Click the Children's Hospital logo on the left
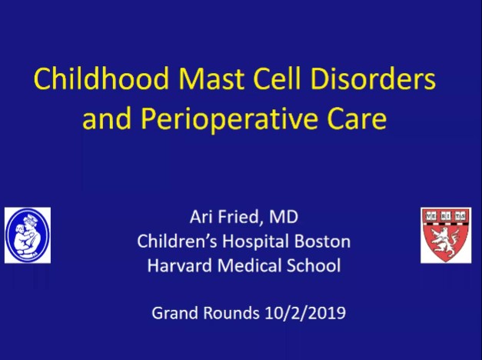(28, 235)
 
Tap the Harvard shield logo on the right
(446, 235)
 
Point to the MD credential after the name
(286, 217)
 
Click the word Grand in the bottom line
(172, 313)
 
